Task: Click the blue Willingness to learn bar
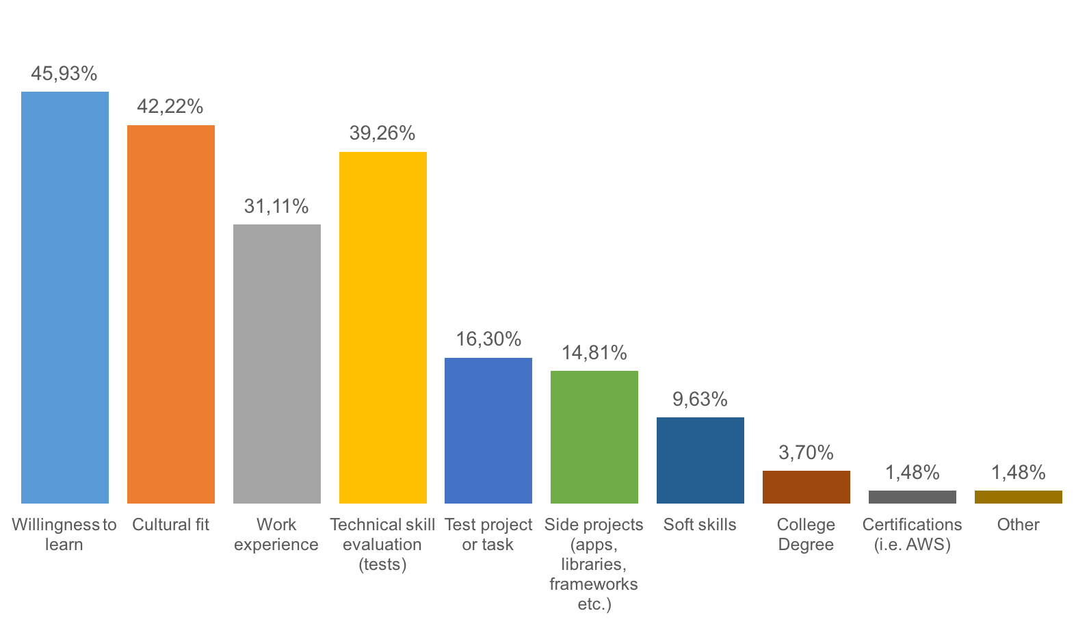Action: [x=65, y=298]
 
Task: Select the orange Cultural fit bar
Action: [x=171, y=314]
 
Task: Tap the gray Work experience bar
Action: [x=277, y=364]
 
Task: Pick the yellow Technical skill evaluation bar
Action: [x=383, y=328]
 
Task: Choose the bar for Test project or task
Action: [x=488, y=430]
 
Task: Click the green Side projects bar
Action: [x=594, y=437]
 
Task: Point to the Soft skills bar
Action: [x=700, y=460]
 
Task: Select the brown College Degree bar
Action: [x=806, y=487]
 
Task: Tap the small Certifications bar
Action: [x=913, y=497]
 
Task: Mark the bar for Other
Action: [x=1019, y=497]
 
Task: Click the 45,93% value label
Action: [x=64, y=74]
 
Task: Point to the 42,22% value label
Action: [x=170, y=107]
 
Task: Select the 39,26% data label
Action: [x=382, y=133]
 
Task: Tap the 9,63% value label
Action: [x=700, y=400]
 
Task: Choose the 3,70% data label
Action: [x=806, y=453]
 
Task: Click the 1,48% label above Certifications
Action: [x=913, y=473]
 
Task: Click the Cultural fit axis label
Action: [x=170, y=525]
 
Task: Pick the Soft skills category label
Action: [x=700, y=525]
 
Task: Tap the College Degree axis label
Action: [x=806, y=534]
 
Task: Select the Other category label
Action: [x=1018, y=525]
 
